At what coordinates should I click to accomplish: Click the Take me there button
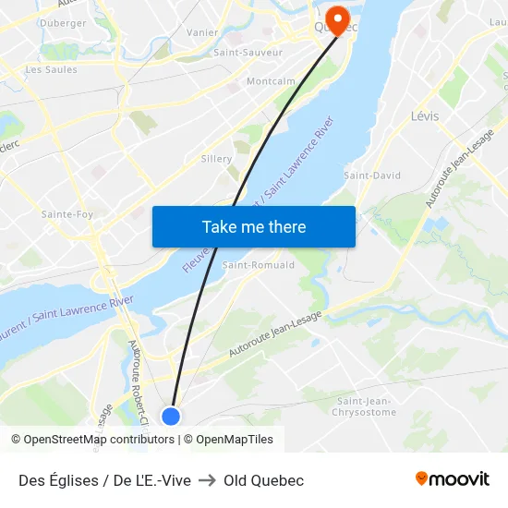coord(254,226)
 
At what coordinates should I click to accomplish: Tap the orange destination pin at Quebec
coord(337,18)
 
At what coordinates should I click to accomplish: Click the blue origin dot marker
coord(170,416)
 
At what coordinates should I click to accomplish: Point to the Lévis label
coord(425,116)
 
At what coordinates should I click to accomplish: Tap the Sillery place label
coord(217,159)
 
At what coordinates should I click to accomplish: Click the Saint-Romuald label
coord(259,265)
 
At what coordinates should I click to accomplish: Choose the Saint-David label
coord(372,175)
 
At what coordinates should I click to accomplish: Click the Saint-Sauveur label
coord(248,53)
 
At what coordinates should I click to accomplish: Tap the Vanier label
coord(201,32)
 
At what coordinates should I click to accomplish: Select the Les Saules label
coord(52,69)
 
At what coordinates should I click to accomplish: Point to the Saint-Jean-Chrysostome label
coord(364,406)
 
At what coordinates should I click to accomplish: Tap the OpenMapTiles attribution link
coord(235,440)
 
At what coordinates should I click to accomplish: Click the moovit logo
coord(453,479)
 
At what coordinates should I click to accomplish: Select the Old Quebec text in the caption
coord(263,480)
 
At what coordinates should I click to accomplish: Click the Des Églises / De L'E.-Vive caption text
coord(104,480)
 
